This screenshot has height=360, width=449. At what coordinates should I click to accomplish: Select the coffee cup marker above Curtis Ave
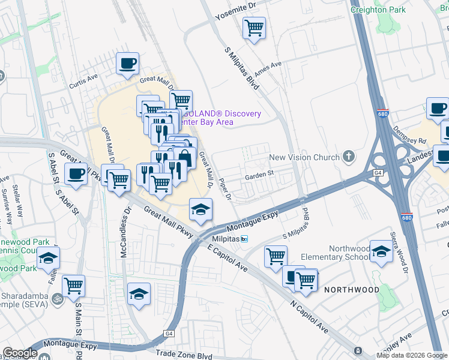pos(127,63)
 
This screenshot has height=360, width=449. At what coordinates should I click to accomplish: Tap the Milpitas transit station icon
pos(244,239)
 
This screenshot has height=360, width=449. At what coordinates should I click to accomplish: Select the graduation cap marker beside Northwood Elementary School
pos(381,251)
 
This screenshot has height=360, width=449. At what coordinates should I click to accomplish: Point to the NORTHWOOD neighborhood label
pos(352,290)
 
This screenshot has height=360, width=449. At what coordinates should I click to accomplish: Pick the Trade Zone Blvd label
pos(183,355)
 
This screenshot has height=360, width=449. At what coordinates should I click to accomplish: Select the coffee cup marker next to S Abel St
pos(76,175)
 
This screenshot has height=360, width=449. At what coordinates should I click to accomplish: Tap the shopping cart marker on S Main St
pos(73,285)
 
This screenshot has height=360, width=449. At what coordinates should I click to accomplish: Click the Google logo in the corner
pos(20,353)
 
